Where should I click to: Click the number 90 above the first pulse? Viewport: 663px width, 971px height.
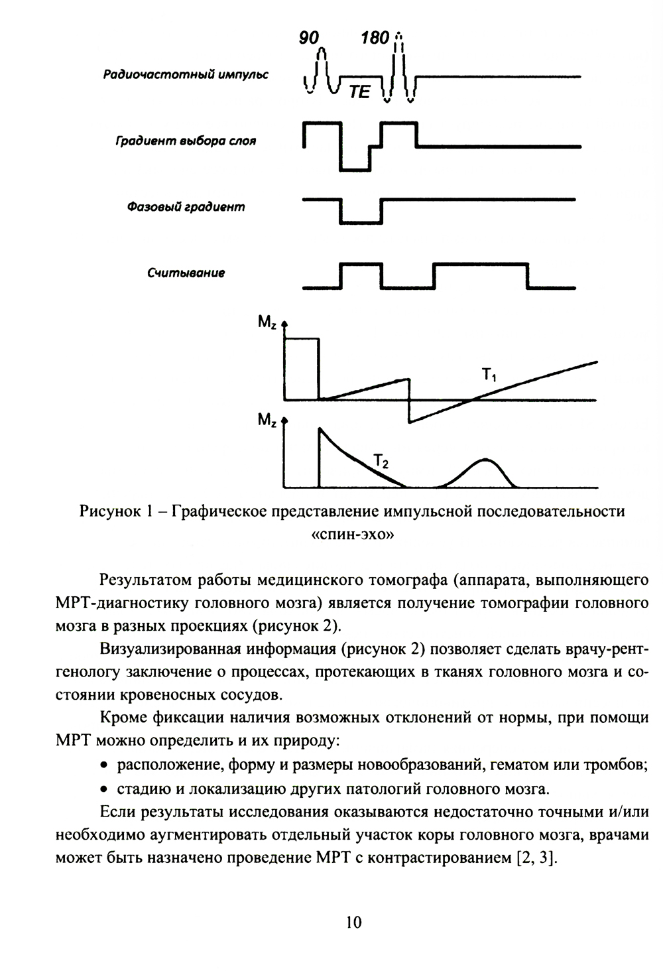[309, 38]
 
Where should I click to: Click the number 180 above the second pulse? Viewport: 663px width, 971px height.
[375, 38]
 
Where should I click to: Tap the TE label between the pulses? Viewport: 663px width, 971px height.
[359, 92]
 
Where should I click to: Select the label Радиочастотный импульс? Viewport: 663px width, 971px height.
[186, 75]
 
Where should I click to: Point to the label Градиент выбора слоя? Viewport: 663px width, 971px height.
[186, 141]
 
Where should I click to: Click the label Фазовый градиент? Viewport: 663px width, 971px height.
[186, 207]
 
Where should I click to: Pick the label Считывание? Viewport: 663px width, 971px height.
[186, 273]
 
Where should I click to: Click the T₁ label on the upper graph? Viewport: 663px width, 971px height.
[489, 376]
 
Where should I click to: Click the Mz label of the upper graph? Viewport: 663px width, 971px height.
[267, 323]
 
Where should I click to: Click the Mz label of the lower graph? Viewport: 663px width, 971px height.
[267, 422]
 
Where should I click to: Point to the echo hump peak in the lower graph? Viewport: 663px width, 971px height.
[487, 460]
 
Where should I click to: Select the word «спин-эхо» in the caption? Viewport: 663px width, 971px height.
[353, 535]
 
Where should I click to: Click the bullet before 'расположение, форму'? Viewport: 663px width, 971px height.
[103, 765]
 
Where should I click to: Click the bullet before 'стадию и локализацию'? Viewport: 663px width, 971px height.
[103, 789]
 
